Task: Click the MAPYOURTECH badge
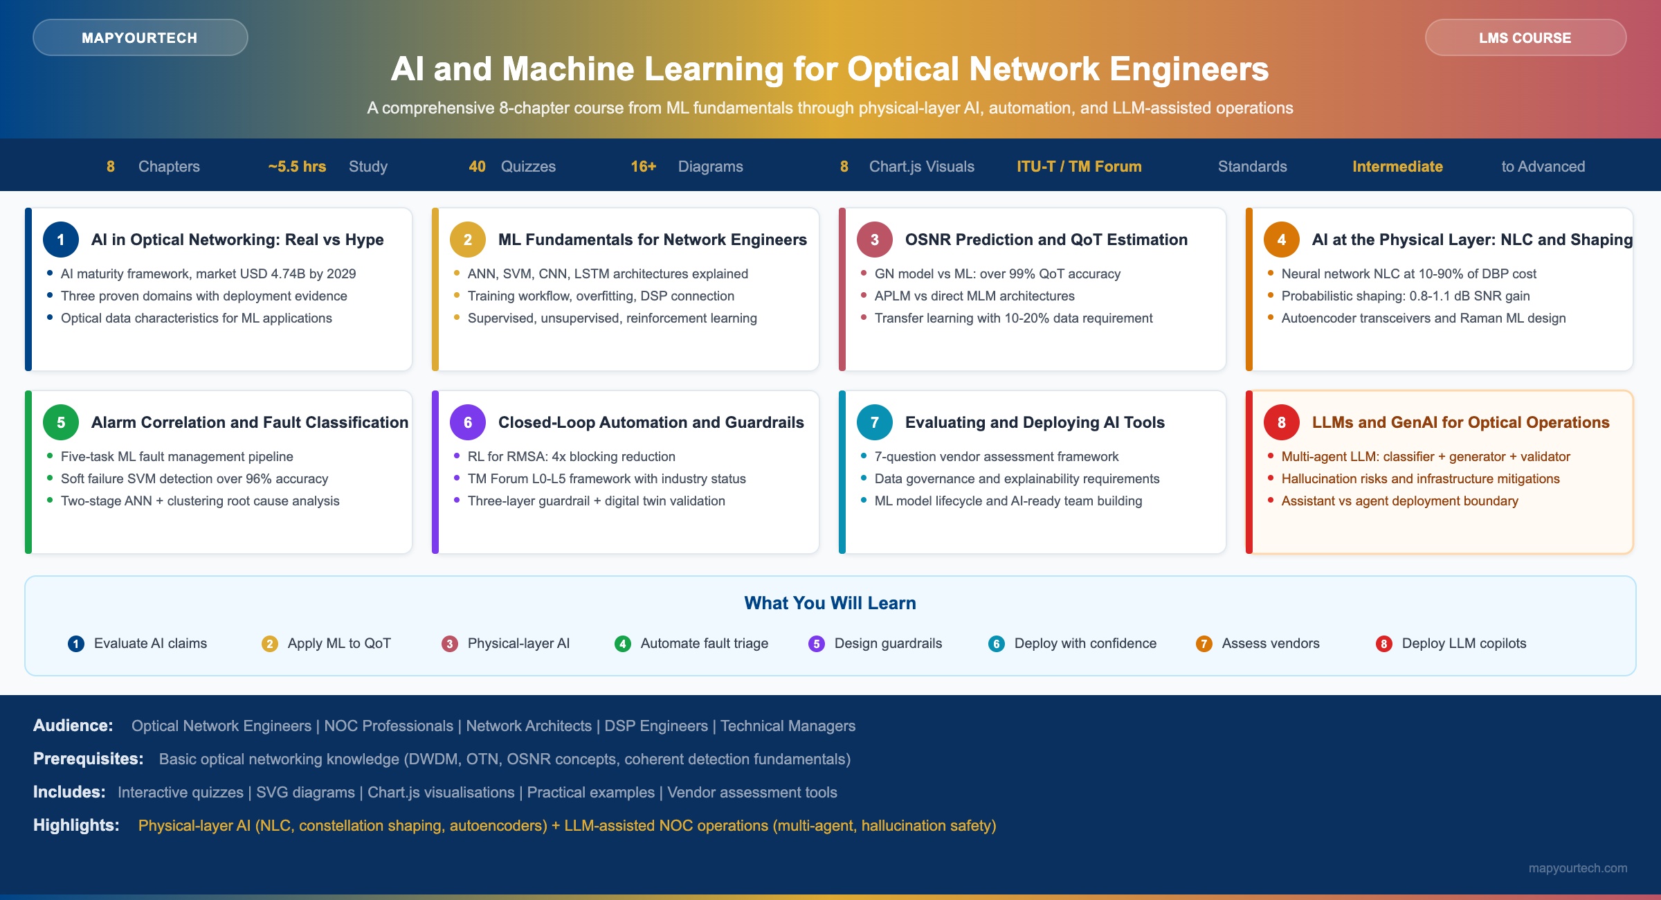pos(140,37)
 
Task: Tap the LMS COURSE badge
pos(1525,37)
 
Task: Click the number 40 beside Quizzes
pos(477,166)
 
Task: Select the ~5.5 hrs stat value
pos(297,166)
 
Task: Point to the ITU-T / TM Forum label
pos(1079,166)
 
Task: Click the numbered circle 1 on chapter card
pos(61,240)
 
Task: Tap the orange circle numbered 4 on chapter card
pos(1282,240)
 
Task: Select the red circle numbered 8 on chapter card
pos(1282,422)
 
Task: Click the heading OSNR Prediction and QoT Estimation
pos(1046,240)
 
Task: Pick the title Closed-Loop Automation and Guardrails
pos(651,422)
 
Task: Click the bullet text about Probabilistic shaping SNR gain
pos(1406,296)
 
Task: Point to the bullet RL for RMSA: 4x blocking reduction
pos(572,456)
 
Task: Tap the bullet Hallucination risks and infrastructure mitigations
pos(1421,478)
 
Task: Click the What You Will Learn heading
pos(831,603)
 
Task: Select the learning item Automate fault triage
pos(705,643)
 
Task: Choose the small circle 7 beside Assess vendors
pos(1204,644)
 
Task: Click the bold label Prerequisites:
pos(89,759)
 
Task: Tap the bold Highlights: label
pos(76,825)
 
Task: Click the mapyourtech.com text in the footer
pos(1578,868)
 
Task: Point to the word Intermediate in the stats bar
pos(1397,166)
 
